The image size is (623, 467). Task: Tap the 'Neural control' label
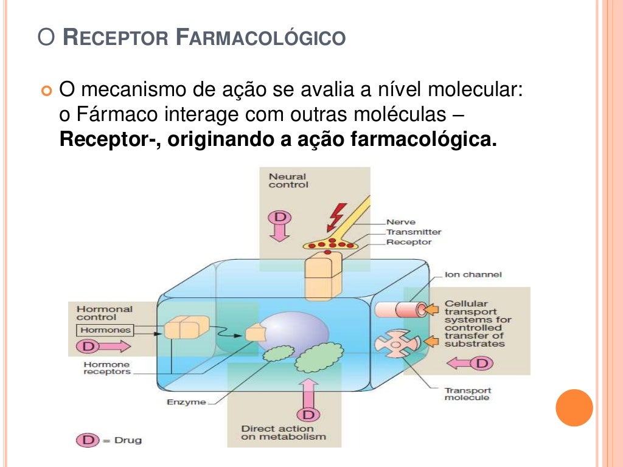288,181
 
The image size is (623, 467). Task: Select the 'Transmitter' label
414,232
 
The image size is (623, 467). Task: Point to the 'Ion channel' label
473,275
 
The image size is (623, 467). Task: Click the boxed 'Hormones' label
105,330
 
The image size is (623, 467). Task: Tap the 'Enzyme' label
186,402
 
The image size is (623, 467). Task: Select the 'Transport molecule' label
467,394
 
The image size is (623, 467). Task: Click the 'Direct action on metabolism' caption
283,433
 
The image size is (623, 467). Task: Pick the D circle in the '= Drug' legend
87,440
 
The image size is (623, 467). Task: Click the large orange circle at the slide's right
574,408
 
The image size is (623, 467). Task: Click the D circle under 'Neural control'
280,218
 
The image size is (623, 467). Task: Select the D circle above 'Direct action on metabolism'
308,415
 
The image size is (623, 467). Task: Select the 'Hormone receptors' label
106,368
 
